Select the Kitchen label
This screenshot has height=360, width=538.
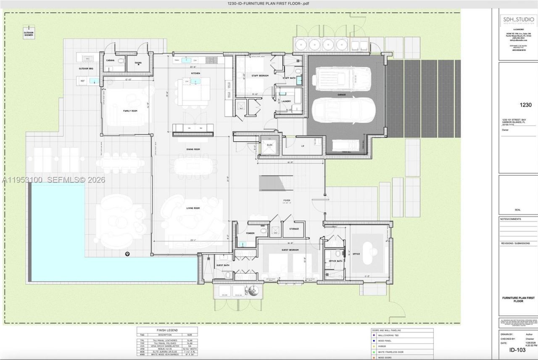tap(195, 73)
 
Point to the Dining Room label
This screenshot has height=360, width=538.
tap(193, 149)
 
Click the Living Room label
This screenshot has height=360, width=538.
tap(193, 208)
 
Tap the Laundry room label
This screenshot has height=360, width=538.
tap(286, 101)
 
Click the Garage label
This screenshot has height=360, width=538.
tap(341, 95)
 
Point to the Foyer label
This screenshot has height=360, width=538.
tap(287, 201)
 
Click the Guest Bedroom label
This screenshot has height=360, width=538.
tap(290, 250)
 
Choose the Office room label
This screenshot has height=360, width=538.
tap(356, 254)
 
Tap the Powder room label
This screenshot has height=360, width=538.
tap(250, 233)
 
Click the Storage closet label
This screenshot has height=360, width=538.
tap(294, 229)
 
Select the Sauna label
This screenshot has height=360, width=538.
tap(138, 63)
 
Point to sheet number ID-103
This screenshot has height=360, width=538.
tap(518, 350)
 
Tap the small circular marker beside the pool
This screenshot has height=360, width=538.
tap(127, 254)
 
